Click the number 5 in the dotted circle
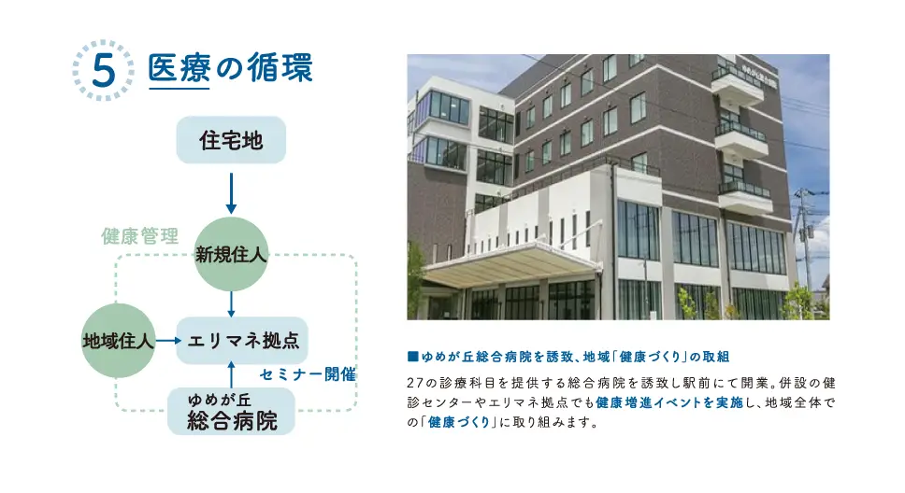point(103,71)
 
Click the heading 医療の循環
point(230,69)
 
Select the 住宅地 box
point(231,140)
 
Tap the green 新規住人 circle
point(231,254)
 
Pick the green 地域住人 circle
point(118,341)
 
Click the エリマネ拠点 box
point(242,341)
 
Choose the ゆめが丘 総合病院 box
point(232,412)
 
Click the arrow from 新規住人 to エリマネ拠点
point(231,303)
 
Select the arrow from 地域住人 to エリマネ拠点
point(166,341)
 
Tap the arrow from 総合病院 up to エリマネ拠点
point(231,374)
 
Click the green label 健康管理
point(139,236)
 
